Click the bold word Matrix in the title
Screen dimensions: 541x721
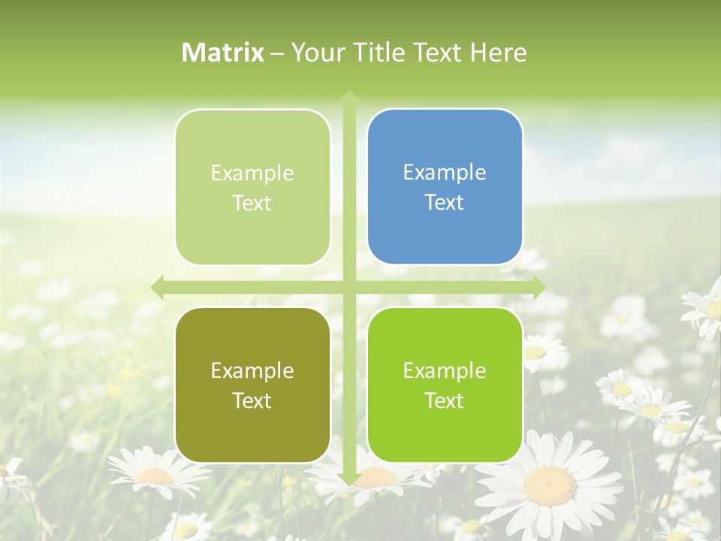point(223,53)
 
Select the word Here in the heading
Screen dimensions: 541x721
point(499,53)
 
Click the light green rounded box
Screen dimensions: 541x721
point(252,188)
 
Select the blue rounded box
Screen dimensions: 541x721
point(445,187)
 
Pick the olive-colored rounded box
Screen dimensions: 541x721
point(252,385)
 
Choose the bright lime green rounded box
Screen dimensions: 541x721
point(445,385)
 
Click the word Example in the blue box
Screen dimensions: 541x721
point(445,172)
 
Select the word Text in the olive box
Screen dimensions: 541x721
point(252,400)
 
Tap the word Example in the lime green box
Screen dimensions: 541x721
point(445,370)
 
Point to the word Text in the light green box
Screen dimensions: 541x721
point(252,203)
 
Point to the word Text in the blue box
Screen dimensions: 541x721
point(445,202)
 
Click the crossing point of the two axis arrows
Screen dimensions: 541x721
point(348,287)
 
